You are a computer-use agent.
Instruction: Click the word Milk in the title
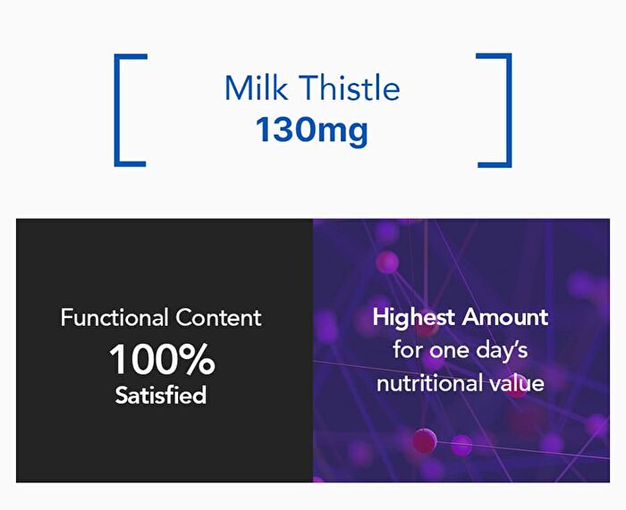[256, 88]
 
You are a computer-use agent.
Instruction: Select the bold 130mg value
[311, 130]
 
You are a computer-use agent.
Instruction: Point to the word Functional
[114, 318]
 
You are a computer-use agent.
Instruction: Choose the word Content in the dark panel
[218, 318]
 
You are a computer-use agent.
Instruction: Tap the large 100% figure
[162, 359]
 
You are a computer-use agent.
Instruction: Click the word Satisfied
[160, 395]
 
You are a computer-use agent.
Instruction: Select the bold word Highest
[413, 318]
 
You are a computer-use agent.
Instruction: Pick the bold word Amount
[505, 317]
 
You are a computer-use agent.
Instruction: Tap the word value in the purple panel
[517, 383]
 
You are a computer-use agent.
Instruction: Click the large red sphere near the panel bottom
[424, 440]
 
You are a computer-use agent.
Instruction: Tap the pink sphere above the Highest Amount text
[387, 262]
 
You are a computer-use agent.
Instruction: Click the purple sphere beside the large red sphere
[461, 445]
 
